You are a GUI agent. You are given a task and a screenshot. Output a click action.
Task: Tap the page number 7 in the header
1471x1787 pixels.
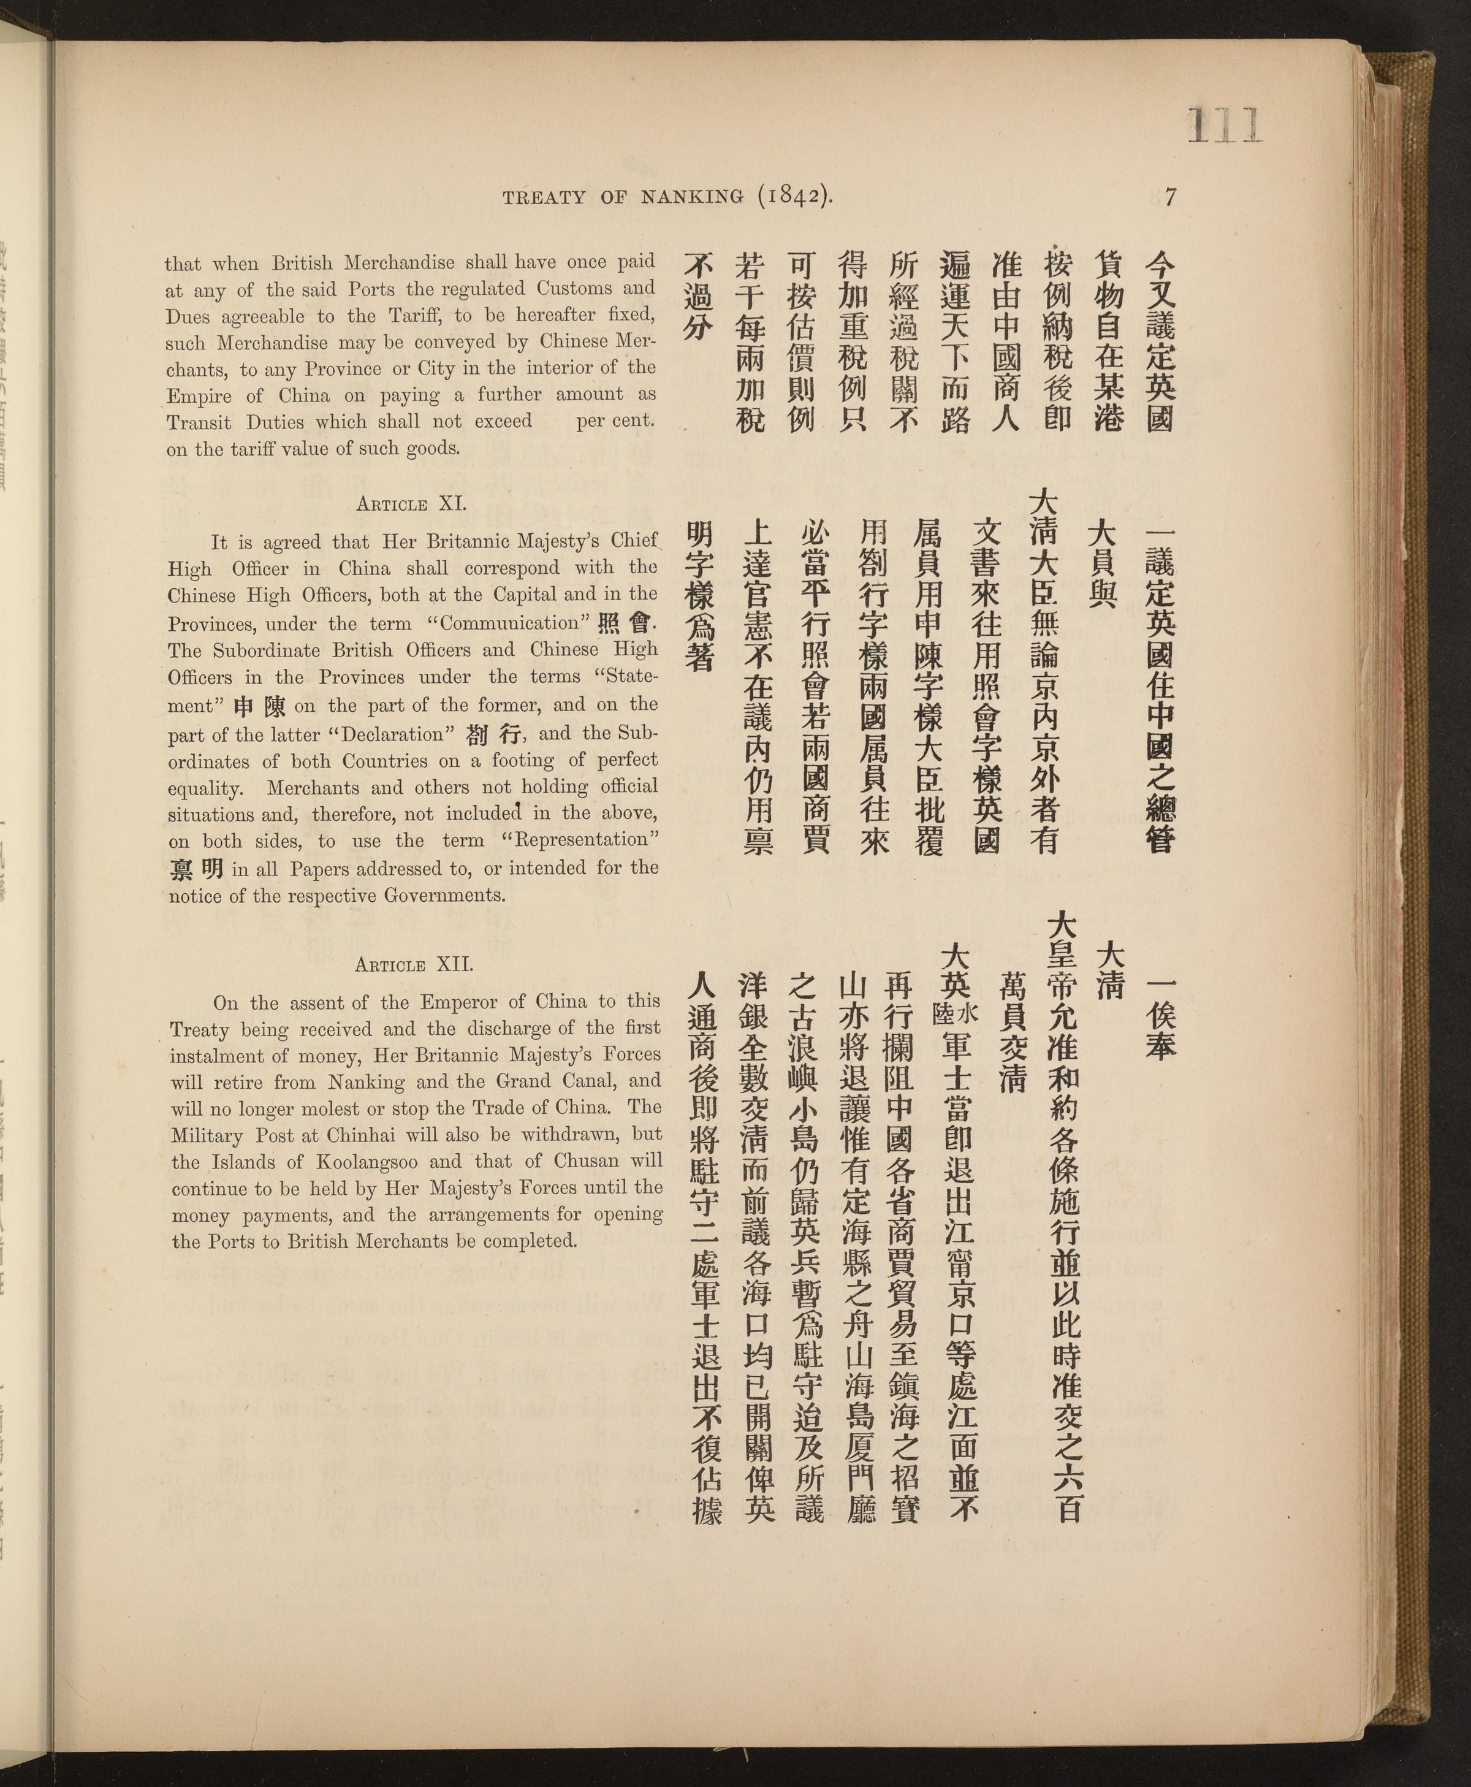(1170, 197)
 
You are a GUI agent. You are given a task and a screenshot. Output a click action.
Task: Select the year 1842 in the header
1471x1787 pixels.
(789, 197)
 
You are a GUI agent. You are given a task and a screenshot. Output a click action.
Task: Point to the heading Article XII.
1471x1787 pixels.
(414, 964)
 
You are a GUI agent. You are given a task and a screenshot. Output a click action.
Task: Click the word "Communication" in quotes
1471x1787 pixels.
(508, 623)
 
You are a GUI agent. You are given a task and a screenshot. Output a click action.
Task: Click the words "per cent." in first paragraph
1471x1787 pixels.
(615, 421)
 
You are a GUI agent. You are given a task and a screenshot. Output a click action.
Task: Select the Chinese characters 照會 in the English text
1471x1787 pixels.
(625, 623)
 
